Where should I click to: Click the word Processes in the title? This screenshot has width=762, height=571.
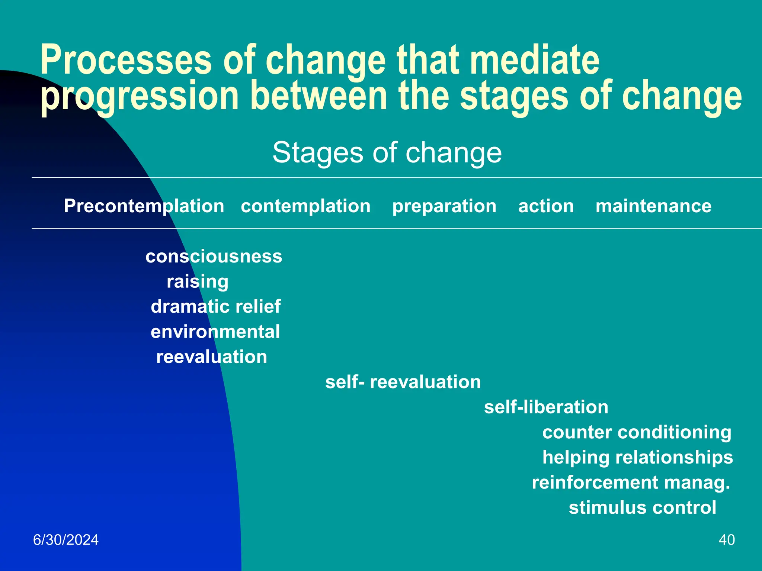pyautogui.click(x=126, y=60)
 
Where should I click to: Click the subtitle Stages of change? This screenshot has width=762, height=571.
pyautogui.click(x=387, y=152)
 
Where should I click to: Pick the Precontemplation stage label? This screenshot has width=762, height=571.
pyautogui.click(x=144, y=206)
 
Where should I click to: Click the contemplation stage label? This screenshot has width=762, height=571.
pyautogui.click(x=305, y=206)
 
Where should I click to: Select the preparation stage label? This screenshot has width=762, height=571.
pyautogui.click(x=444, y=206)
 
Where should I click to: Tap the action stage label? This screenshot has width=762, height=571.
pyautogui.click(x=546, y=206)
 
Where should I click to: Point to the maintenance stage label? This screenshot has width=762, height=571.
pyautogui.click(x=653, y=206)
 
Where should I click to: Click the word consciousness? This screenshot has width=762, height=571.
pyautogui.click(x=214, y=257)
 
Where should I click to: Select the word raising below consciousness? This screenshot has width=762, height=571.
pyautogui.click(x=198, y=281)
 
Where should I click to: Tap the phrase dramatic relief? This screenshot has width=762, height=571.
pyautogui.click(x=215, y=307)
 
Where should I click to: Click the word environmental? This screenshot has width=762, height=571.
pyautogui.click(x=215, y=332)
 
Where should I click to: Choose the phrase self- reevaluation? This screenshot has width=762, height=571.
pyautogui.click(x=403, y=382)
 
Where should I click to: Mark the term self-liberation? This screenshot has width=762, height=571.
pyautogui.click(x=546, y=407)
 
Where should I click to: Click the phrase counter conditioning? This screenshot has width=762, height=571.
pyautogui.click(x=637, y=432)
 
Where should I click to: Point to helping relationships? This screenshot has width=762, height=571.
pyautogui.click(x=637, y=457)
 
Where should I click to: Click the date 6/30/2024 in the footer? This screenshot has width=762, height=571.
pyautogui.click(x=66, y=540)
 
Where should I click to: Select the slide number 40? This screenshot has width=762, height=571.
pyautogui.click(x=727, y=540)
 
